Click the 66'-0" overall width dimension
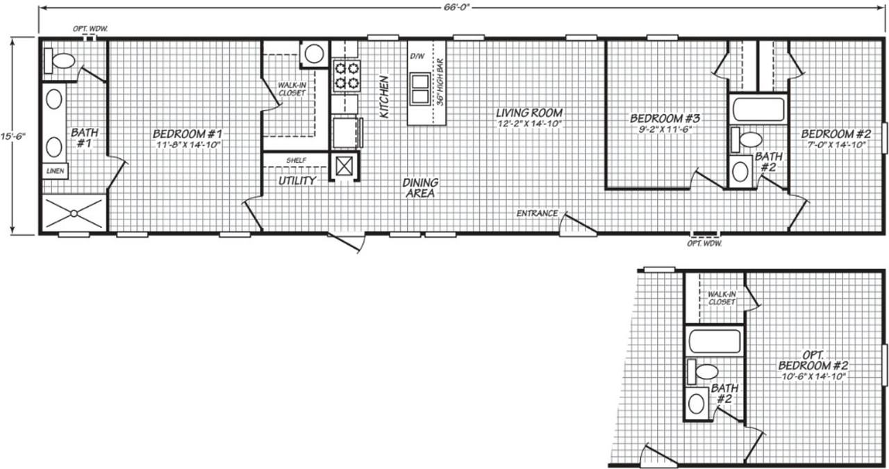462,8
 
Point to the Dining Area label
420,188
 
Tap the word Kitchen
384,97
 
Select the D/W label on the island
417,55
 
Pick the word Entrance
536,213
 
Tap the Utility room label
297,181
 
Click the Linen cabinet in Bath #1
55,170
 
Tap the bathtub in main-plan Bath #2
758,109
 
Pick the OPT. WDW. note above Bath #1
90,29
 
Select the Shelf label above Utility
296,161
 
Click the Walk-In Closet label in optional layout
722,297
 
